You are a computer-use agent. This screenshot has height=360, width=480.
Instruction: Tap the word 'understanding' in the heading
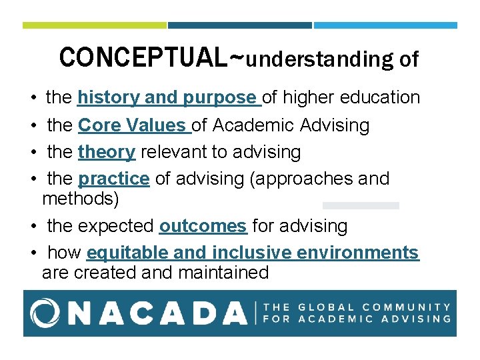pyautogui.click(x=320, y=60)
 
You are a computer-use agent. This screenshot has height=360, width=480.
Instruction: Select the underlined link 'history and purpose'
pyautogui.click(x=169, y=97)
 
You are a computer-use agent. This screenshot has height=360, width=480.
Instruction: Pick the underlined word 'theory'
pyautogui.click(x=107, y=152)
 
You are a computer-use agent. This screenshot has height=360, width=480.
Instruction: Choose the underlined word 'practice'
pyautogui.click(x=113, y=179)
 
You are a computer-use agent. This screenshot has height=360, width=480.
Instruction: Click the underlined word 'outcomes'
pyautogui.click(x=203, y=226)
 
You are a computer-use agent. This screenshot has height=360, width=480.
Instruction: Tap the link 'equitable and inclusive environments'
pyautogui.click(x=253, y=253)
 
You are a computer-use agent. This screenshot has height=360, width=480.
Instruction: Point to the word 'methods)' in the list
pyautogui.click(x=76, y=199)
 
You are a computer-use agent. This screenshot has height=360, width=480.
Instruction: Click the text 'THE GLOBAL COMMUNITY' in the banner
pyautogui.click(x=357, y=307)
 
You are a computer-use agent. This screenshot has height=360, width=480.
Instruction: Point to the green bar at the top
pyautogui.click(x=94, y=25)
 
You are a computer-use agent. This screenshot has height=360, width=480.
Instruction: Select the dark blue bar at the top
pyautogui.click(x=239, y=25)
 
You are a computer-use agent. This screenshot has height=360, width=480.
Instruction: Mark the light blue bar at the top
pyautogui.click(x=385, y=25)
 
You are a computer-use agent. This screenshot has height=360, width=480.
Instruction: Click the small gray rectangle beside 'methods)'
pyautogui.click(x=361, y=205)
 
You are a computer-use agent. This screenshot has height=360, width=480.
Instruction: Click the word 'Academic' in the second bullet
pyautogui.click(x=267, y=125)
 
